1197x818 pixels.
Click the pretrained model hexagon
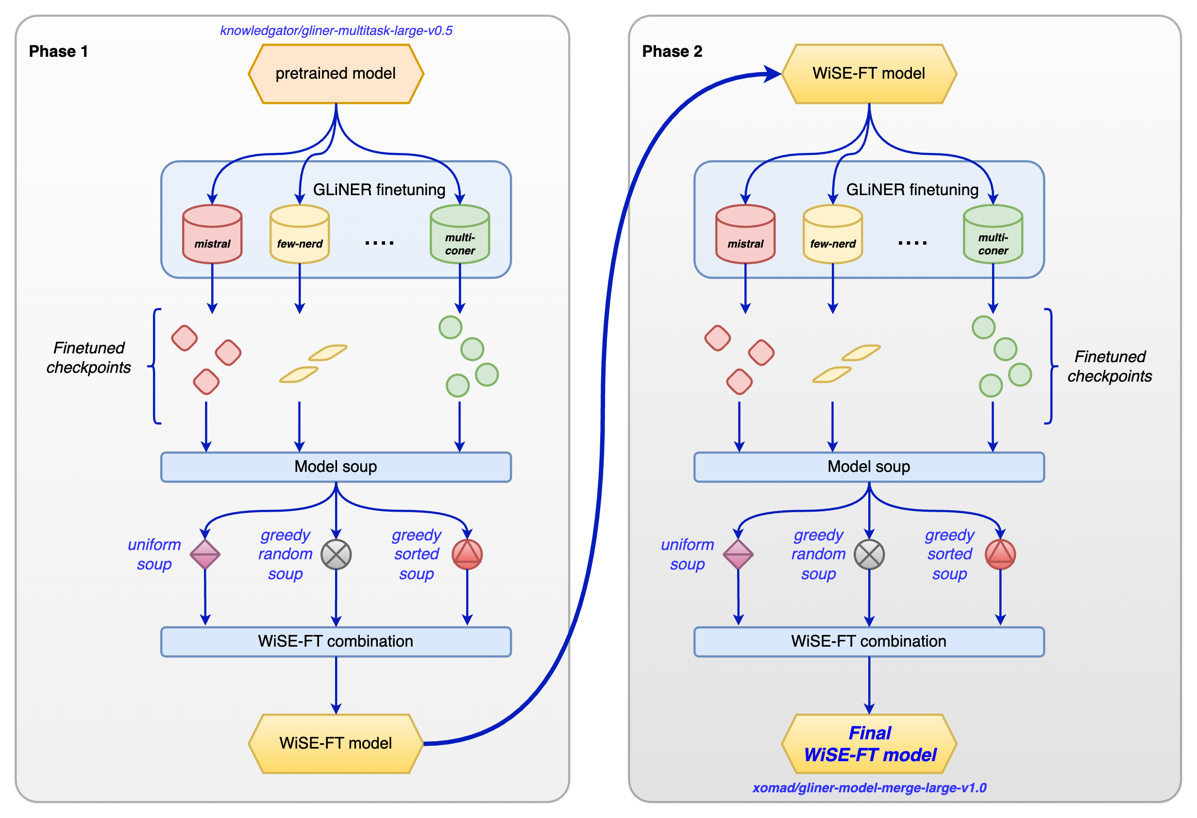tap(336, 74)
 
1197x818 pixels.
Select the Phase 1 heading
tap(58, 51)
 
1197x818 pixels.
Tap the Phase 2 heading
tap(672, 51)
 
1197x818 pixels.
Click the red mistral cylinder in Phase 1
tap(212, 235)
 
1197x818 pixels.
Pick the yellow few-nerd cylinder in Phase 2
tap(832, 235)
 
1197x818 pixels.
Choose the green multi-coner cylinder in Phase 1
tap(460, 235)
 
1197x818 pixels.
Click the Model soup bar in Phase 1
tap(336, 467)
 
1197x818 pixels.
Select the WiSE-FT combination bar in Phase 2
tap(869, 641)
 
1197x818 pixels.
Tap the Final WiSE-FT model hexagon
tap(869, 743)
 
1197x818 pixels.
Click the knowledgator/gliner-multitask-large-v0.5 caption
tap(336, 31)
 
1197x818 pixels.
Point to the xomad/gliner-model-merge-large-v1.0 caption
tap(869, 787)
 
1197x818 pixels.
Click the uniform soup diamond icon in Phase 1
tap(205, 554)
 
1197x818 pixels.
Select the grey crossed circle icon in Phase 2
tap(869, 554)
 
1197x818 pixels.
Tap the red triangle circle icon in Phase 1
tap(467, 554)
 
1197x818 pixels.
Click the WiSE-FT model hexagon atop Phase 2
tap(869, 74)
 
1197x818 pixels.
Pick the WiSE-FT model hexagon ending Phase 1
tap(336, 743)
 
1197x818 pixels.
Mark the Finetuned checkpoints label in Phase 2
tap(1110, 367)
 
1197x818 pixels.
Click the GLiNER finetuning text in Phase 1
tap(379, 190)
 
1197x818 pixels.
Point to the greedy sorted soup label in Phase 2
tap(949, 554)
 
